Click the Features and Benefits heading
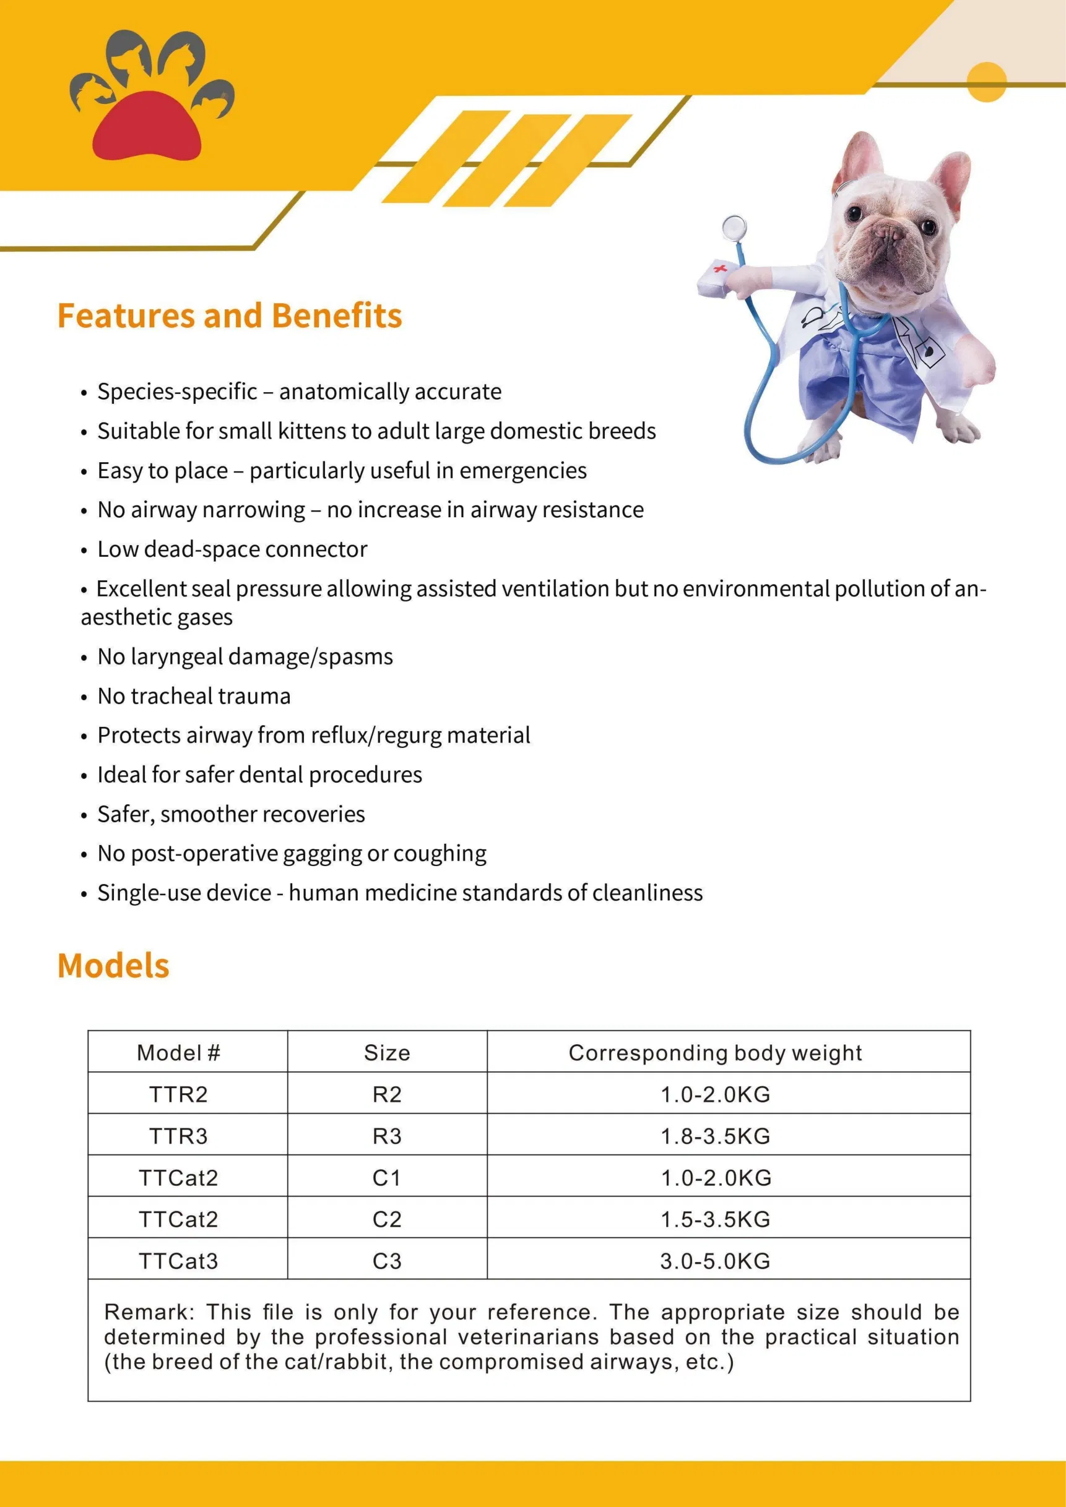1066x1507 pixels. (229, 316)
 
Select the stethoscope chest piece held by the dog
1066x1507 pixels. (734, 228)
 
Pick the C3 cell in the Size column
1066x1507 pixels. (387, 1261)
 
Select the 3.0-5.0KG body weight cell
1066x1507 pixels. (714, 1261)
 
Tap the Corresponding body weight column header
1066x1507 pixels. (714, 1053)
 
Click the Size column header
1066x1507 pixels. (387, 1053)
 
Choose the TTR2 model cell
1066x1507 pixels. (178, 1094)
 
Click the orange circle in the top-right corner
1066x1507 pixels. (987, 82)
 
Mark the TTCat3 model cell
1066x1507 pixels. (178, 1261)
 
